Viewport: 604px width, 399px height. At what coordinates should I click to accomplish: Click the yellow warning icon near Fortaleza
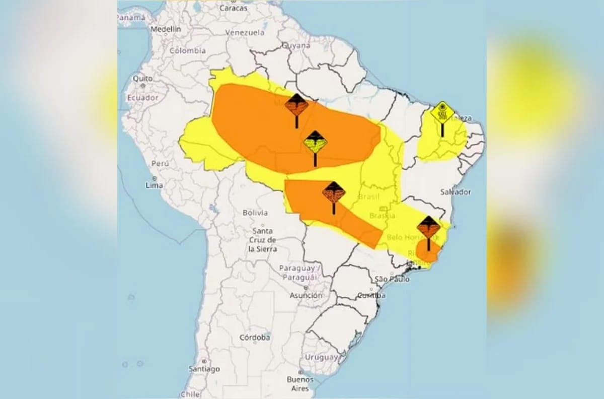tap(442, 113)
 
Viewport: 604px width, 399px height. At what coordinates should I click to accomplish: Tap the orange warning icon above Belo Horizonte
tap(428, 228)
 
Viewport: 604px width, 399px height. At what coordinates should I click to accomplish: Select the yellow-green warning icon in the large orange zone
tap(315, 143)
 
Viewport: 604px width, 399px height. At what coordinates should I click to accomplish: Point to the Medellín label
tap(166, 29)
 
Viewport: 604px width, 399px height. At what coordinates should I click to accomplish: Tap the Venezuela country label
tap(245, 32)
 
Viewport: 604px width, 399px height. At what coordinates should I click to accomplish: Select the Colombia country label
tap(187, 50)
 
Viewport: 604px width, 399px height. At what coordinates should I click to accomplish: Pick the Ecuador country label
tap(142, 97)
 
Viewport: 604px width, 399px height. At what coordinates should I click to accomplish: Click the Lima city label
tap(154, 185)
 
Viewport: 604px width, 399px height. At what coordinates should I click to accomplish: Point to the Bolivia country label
tap(255, 213)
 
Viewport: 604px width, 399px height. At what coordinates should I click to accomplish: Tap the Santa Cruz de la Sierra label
tap(263, 240)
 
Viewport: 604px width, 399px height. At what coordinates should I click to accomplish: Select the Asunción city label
tap(306, 295)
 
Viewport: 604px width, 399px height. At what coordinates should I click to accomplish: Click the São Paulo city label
tap(392, 279)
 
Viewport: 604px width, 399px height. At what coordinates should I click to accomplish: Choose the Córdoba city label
tap(255, 337)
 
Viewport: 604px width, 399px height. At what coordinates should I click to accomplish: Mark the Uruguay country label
tap(321, 357)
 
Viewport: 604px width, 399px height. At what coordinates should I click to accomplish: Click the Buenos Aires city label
tap(300, 383)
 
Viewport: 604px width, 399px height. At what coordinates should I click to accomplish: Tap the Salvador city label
tap(455, 192)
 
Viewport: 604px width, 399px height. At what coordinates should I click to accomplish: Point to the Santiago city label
tap(204, 369)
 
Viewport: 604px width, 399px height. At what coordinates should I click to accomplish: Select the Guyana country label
tap(296, 45)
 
